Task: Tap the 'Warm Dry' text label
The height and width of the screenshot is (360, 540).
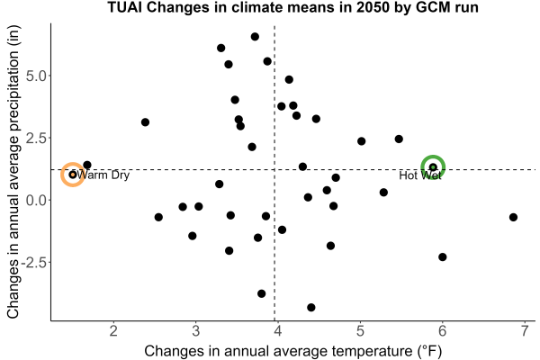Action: click(x=103, y=175)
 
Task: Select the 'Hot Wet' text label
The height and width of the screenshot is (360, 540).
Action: click(x=419, y=175)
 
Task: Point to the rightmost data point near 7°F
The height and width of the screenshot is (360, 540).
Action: click(x=513, y=218)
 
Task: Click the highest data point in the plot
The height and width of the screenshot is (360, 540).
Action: click(x=255, y=37)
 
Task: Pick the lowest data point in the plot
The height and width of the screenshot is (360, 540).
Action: click(x=311, y=307)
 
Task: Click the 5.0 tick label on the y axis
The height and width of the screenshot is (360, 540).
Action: click(x=36, y=76)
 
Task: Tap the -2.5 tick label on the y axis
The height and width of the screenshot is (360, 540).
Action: click(x=34, y=263)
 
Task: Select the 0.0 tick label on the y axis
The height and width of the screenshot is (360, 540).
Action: click(x=36, y=200)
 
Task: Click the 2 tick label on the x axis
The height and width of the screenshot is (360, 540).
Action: click(x=113, y=331)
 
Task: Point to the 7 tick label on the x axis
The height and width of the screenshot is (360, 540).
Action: click(x=525, y=331)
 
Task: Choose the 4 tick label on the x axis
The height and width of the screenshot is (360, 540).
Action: click(x=278, y=331)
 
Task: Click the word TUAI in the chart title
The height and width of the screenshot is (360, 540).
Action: click(x=124, y=7)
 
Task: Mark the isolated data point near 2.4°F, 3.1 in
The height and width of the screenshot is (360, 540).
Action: click(x=145, y=122)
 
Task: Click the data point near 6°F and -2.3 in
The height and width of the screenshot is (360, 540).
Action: click(x=443, y=257)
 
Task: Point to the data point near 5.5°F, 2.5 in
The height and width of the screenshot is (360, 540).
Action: click(x=399, y=139)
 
